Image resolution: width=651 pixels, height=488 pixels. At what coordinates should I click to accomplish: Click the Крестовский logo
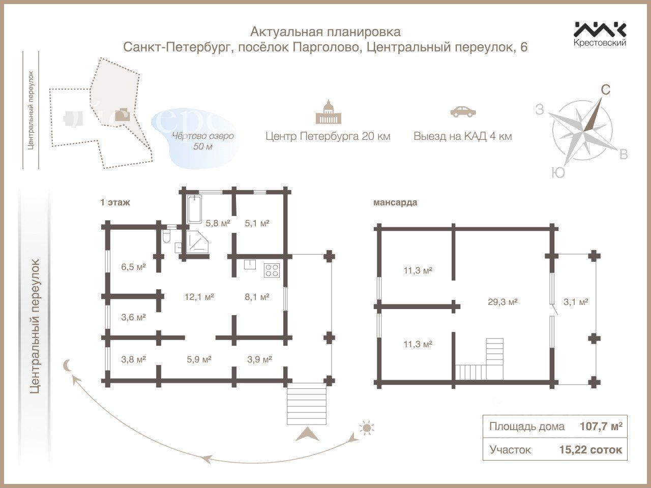tap(600, 34)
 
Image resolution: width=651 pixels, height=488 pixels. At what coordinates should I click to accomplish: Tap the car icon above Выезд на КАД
tap(463, 111)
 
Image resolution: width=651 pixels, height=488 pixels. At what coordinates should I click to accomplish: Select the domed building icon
tap(328, 112)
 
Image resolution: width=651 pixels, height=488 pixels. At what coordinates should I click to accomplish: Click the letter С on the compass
tap(605, 90)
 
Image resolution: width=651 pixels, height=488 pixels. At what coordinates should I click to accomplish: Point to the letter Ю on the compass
tap(558, 173)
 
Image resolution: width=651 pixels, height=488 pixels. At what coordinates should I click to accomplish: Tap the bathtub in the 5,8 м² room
tap(194, 209)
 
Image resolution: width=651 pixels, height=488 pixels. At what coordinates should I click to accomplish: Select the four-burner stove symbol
tap(272, 270)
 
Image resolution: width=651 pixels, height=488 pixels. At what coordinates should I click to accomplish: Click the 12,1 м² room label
tap(199, 297)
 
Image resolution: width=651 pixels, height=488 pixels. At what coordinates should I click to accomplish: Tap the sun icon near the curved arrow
tap(366, 428)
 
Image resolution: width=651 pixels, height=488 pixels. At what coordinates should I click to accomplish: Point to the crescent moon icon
tap(67, 365)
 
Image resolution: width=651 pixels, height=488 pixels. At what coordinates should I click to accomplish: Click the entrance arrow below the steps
tap(307, 434)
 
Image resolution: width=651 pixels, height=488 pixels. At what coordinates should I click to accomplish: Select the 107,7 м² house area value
tap(601, 426)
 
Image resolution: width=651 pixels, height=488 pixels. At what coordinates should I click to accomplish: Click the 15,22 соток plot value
tap(590, 449)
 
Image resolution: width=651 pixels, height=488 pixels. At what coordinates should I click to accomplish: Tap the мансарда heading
tap(395, 202)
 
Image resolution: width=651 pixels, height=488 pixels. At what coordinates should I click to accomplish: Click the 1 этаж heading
tap(115, 202)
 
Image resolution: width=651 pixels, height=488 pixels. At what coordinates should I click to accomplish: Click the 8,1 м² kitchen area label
tap(257, 297)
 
